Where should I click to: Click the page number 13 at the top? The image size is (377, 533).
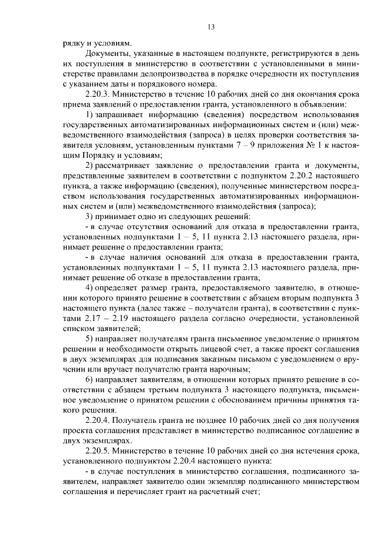211,27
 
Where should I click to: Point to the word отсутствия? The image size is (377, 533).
139,226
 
